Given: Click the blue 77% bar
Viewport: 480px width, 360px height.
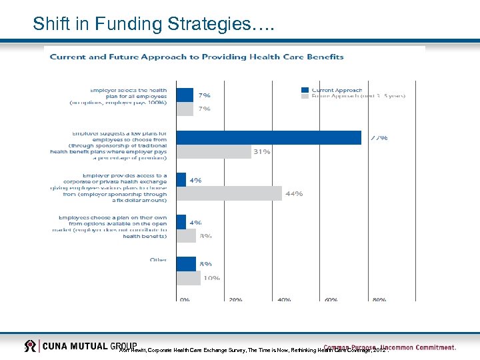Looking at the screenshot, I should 269,137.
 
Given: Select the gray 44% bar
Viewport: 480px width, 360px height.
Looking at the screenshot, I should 229,193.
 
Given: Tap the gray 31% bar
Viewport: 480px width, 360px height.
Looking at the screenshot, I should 213,151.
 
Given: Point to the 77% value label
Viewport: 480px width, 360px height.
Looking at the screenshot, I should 379,138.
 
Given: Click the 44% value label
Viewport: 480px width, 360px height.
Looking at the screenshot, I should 294,194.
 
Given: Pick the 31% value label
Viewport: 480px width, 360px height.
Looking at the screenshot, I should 261,152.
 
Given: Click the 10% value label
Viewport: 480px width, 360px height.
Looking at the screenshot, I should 211,278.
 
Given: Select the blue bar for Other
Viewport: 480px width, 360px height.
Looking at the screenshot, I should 186,263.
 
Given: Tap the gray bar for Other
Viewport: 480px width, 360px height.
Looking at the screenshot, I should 188,277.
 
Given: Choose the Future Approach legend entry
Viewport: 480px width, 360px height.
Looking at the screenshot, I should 353,97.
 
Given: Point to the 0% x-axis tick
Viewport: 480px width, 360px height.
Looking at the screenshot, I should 185,300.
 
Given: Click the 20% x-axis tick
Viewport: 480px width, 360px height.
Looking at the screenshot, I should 235,300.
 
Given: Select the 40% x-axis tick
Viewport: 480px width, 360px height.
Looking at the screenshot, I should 284,300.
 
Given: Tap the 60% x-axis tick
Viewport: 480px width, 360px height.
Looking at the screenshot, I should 331,300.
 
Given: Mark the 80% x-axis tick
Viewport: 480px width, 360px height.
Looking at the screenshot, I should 379,300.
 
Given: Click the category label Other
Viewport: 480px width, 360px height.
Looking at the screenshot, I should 158,260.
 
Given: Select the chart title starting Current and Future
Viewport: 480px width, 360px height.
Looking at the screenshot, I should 197,57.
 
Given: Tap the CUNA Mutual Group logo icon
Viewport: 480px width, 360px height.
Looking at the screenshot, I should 31,346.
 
